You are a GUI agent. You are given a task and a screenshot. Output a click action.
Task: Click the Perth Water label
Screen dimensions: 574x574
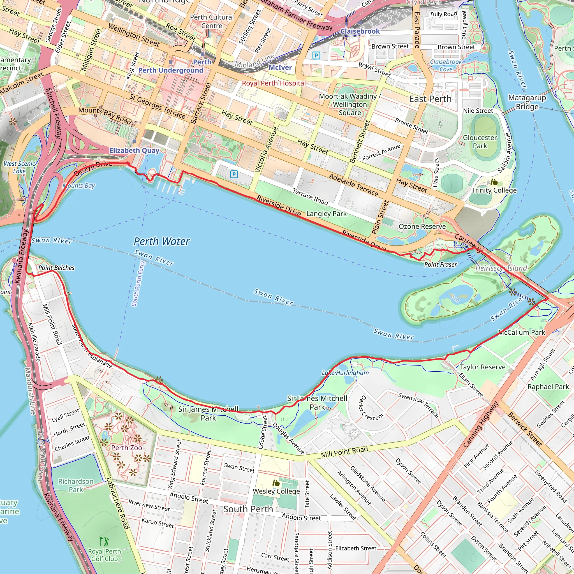(x=162, y=242)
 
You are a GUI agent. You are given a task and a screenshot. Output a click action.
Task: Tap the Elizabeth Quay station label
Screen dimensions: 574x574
(x=134, y=151)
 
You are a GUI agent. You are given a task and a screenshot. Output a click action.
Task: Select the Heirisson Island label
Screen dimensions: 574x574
(x=501, y=268)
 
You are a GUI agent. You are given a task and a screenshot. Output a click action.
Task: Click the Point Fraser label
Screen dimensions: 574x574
(x=440, y=264)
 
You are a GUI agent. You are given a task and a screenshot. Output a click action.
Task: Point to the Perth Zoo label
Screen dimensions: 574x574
(x=127, y=448)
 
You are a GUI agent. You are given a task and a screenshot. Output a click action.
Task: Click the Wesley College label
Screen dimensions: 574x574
(x=276, y=491)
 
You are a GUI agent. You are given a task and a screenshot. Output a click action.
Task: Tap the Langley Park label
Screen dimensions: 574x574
(x=326, y=214)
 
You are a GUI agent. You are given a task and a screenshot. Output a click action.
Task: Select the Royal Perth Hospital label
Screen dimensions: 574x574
(x=274, y=83)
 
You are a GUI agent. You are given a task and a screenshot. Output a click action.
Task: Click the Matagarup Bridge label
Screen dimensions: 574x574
(x=527, y=102)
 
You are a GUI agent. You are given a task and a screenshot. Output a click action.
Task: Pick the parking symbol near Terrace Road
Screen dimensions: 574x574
(x=234, y=174)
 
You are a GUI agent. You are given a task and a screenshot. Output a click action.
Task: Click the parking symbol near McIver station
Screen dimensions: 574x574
(x=316, y=55)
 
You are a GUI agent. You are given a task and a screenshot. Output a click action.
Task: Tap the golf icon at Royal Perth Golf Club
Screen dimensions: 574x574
(x=104, y=541)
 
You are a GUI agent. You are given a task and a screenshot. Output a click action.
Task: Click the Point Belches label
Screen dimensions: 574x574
(x=56, y=268)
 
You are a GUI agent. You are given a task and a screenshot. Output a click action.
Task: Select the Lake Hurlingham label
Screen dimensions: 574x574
(x=345, y=373)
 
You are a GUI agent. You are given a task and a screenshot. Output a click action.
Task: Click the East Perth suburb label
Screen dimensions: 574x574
(x=430, y=99)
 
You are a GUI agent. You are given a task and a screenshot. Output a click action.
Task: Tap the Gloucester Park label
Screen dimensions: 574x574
(x=480, y=142)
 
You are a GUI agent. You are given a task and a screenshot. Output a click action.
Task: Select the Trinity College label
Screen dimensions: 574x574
(x=494, y=190)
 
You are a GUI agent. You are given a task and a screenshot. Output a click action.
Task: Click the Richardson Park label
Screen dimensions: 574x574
(x=76, y=485)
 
